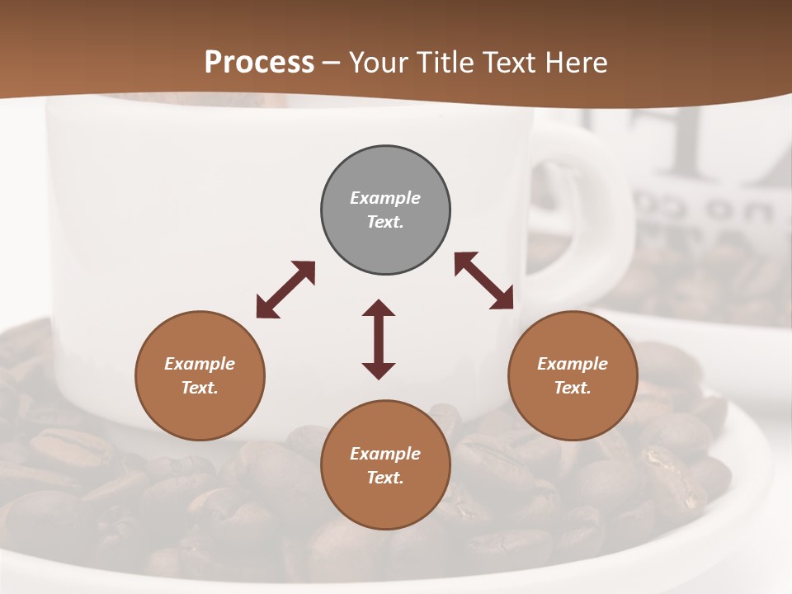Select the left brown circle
(x=200, y=375)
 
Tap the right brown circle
(x=573, y=375)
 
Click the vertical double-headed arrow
(x=379, y=339)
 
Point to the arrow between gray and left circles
(x=285, y=290)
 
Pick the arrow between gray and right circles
(x=484, y=280)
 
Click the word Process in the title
(x=259, y=63)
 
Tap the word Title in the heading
(x=445, y=63)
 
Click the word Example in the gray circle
(x=385, y=198)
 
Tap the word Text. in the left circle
(x=200, y=388)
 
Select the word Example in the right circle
(x=573, y=364)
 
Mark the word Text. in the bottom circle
(x=385, y=478)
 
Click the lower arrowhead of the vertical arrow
(x=379, y=370)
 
